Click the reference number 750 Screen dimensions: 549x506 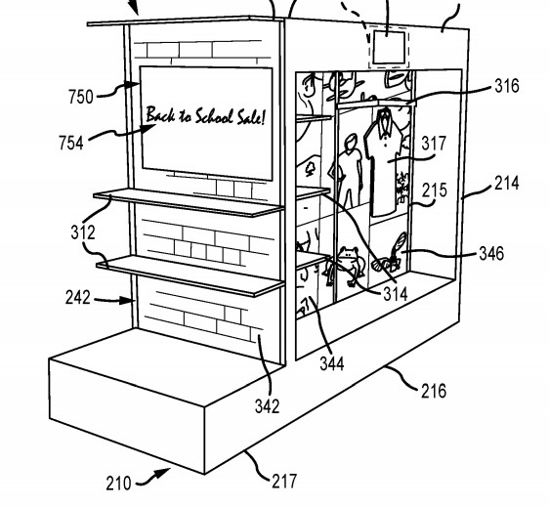81,97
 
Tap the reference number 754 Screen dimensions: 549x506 71,144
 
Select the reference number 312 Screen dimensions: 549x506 83,232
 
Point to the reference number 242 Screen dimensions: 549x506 78,298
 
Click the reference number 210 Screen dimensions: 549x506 119,484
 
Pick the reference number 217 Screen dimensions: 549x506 284,482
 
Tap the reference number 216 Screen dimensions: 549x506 434,391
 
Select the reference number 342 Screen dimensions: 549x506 268,406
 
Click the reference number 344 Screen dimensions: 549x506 332,363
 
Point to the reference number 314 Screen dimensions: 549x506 396,294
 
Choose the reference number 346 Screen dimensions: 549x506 491,254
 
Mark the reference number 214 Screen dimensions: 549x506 507,183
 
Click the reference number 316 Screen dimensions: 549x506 507,86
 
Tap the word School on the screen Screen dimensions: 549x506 214,116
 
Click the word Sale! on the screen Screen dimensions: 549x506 251,117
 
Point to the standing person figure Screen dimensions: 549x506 346,172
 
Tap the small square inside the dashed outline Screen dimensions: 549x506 390,47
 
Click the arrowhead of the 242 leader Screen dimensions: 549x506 127,301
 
